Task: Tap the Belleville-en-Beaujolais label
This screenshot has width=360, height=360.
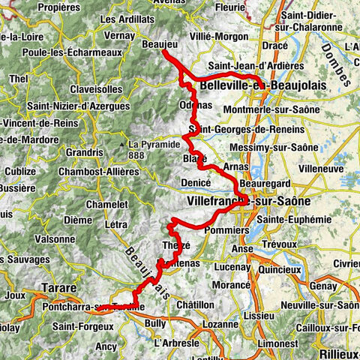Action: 263,86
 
